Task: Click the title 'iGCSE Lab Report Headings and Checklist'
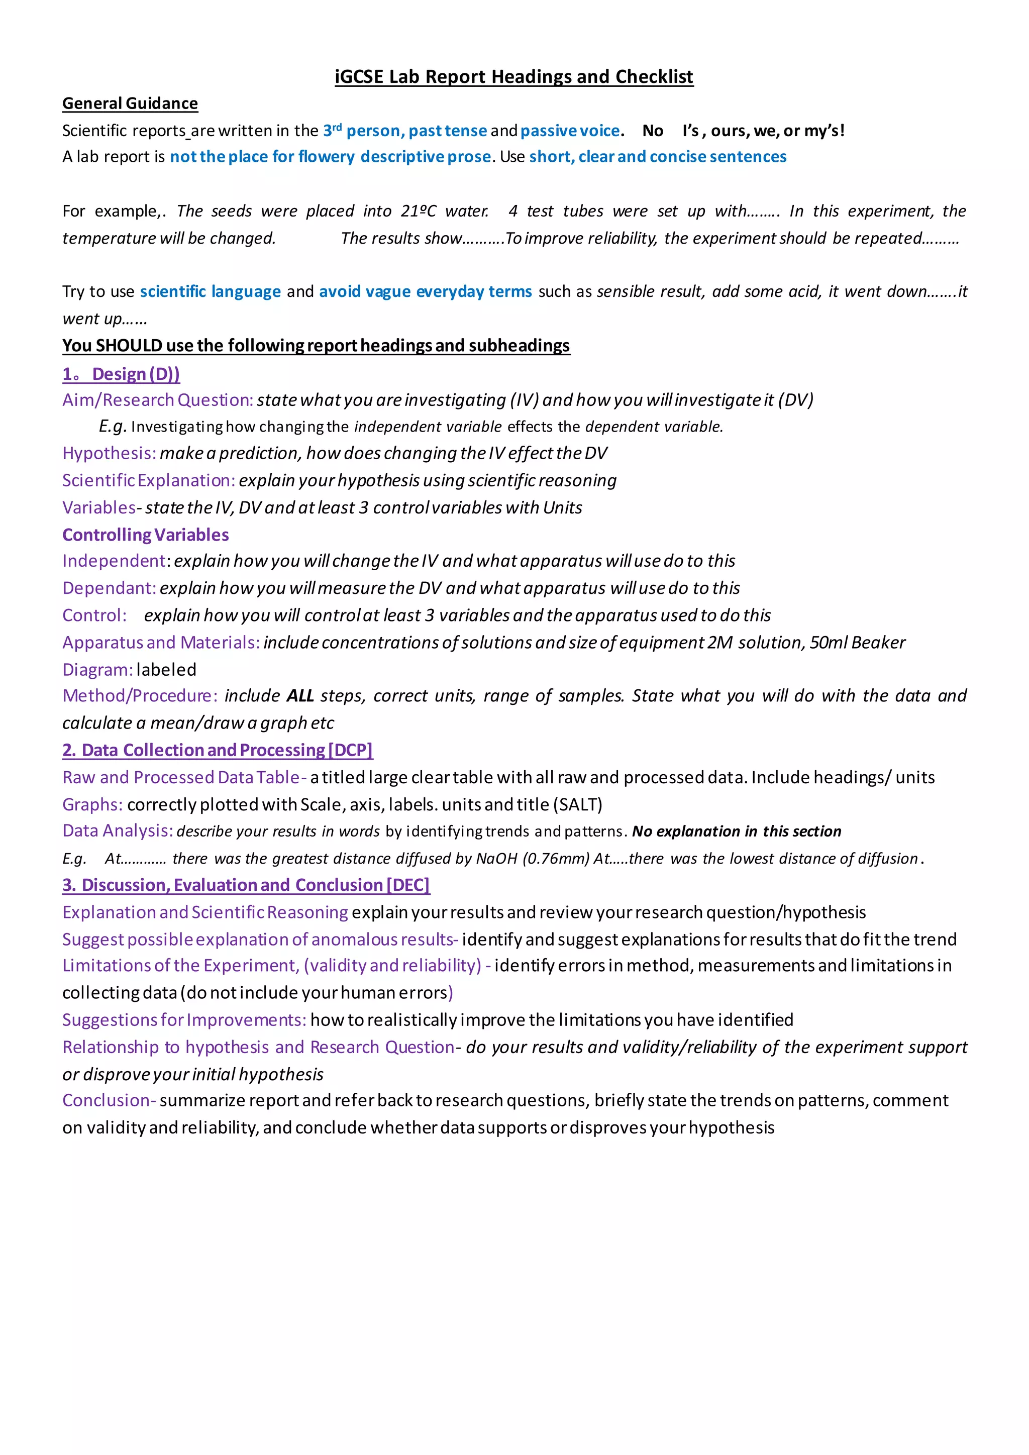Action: click(514, 77)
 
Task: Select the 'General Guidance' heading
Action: click(130, 103)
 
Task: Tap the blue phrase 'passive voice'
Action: click(570, 131)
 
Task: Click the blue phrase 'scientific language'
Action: click(211, 291)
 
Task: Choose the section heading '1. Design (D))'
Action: click(121, 374)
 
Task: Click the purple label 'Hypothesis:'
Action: click(109, 453)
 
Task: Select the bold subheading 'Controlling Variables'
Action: click(146, 535)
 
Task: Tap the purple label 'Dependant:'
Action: click(109, 588)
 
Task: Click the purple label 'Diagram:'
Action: click(97, 670)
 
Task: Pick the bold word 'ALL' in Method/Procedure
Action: click(300, 696)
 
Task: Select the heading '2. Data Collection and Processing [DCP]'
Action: click(218, 750)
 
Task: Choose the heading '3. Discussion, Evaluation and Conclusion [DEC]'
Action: click(246, 885)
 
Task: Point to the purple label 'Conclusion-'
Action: click(109, 1101)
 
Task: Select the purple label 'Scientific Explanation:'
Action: click(149, 480)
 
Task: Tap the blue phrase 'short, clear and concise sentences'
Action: click(658, 157)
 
